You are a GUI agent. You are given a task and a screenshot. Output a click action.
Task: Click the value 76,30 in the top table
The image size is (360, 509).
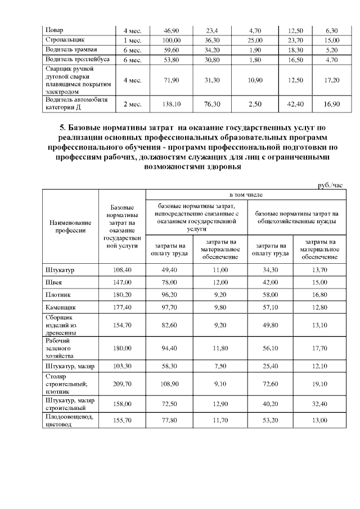coord(212,104)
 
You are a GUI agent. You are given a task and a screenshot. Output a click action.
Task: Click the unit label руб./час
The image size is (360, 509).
coord(330,184)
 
